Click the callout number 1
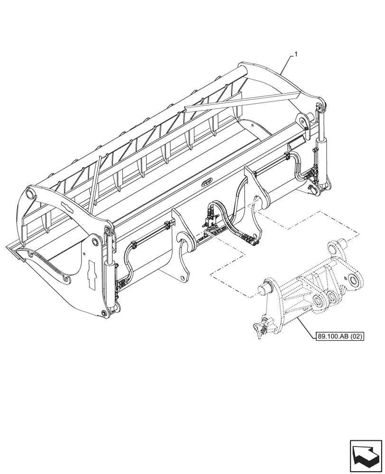(296, 55)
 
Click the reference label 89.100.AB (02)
(339, 337)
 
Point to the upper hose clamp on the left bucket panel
(167, 224)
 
